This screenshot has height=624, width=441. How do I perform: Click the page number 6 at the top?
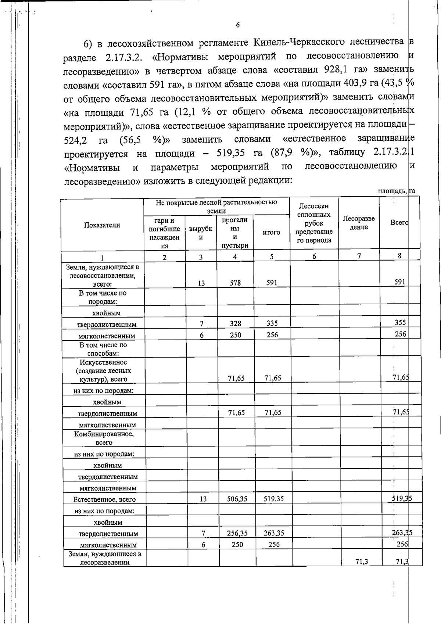point(237,25)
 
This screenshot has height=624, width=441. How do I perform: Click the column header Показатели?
point(102,225)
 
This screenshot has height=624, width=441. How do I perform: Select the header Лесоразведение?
point(359,223)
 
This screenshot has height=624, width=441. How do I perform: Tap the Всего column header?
point(399,223)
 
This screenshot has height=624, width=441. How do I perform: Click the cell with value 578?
point(235,283)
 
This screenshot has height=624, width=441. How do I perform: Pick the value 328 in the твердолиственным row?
point(236,323)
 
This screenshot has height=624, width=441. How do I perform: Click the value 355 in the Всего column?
point(400,323)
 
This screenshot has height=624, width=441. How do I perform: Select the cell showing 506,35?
point(237,499)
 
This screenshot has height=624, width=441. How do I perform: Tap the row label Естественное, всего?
point(104,499)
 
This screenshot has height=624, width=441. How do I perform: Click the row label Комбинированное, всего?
point(104,438)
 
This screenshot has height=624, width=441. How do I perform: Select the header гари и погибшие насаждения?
point(164,233)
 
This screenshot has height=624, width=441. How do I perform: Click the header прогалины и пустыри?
point(235,233)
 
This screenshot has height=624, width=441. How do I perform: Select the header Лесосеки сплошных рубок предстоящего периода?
point(314,223)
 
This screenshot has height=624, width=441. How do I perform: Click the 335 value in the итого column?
point(272,323)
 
